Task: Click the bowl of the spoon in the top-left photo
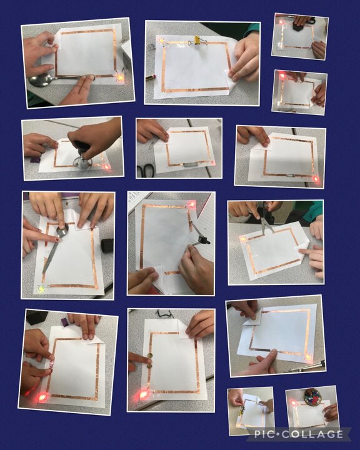[x=40, y=80]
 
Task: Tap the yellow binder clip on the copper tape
[x=197, y=40]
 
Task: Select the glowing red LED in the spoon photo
[x=119, y=77]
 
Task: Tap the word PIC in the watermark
[x=263, y=434]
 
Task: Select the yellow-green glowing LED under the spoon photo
[x=42, y=288]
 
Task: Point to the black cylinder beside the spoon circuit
[x=107, y=246]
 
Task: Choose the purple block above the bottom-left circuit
[x=65, y=322]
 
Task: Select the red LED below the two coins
[x=144, y=394]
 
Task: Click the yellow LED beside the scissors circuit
[x=243, y=239]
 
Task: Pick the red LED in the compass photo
[x=191, y=204]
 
